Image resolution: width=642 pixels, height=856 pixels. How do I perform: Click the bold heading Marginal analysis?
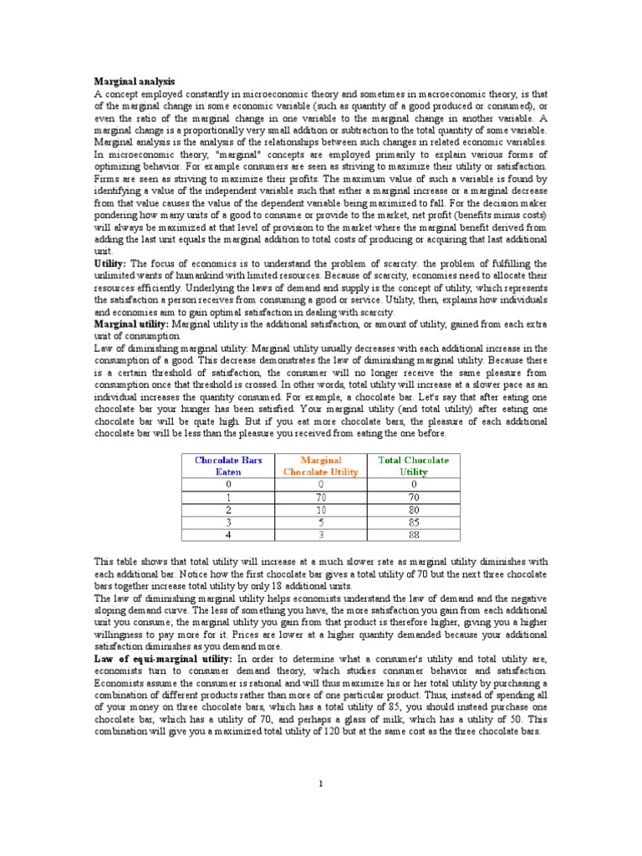135,81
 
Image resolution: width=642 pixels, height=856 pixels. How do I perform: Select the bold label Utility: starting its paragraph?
110,263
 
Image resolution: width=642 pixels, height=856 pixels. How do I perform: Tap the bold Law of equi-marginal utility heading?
162,660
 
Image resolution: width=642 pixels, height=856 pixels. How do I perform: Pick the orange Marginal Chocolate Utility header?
321,466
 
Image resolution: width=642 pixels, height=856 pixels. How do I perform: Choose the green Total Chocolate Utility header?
413,466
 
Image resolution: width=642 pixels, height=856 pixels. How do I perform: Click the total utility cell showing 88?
413,534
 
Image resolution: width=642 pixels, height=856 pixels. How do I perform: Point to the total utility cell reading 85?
413,521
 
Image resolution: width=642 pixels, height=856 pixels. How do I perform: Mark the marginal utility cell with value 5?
321,521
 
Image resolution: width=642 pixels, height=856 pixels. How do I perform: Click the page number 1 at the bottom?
320,783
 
